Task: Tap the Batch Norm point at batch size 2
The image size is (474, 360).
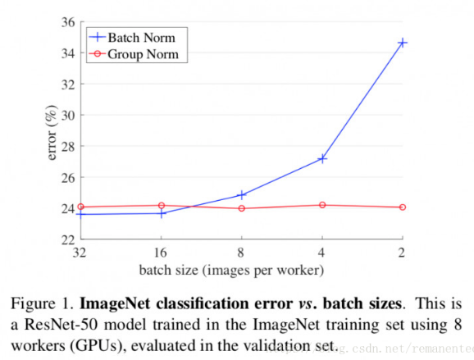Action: click(403, 42)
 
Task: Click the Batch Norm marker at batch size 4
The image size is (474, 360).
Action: click(322, 158)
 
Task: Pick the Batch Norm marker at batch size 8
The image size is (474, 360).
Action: click(241, 195)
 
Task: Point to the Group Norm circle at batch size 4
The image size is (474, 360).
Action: click(322, 205)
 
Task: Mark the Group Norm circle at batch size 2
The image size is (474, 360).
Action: click(403, 207)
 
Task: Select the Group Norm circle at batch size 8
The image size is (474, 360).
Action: click(241, 208)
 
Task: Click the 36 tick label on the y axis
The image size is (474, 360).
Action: click(68, 22)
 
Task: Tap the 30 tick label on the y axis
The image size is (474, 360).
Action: click(68, 115)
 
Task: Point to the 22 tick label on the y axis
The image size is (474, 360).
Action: click(68, 239)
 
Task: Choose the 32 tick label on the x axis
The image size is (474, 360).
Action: click(80, 253)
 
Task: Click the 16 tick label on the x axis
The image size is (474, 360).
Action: click(161, 253)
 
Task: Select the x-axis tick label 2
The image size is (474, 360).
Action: click(403, 253)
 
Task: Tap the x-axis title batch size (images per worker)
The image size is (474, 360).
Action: click(240, 269)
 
